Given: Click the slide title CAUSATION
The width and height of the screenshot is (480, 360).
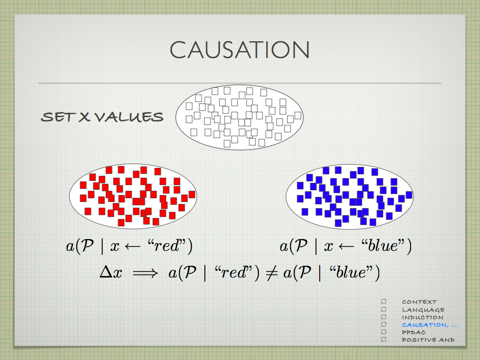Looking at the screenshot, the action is coord(240,50).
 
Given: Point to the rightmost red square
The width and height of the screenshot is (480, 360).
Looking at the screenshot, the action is coord(192,195).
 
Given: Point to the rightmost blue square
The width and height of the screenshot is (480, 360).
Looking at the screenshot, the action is coord(409,195).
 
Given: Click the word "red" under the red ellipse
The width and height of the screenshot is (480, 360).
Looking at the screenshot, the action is coord(167,246).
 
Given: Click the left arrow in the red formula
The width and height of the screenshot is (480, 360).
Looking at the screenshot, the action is coord(133,247).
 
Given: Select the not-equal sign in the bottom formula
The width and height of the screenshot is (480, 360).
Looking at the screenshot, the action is coord(271,273).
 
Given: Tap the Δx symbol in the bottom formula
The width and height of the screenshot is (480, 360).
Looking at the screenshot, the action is coord(111,272).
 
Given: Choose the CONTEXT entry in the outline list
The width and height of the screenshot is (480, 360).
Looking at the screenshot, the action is coord(420,302).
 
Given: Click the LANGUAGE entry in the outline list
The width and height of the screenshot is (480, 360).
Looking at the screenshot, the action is coord(423,310).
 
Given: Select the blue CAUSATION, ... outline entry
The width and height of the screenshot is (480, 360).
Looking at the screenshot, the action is coord(430,325).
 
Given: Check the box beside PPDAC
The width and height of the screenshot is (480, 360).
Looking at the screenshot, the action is coord(384,332).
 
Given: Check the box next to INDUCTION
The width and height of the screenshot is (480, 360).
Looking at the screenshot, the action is coord(384,317).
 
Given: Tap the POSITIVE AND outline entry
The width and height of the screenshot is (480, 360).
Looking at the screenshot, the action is coord(428,340).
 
